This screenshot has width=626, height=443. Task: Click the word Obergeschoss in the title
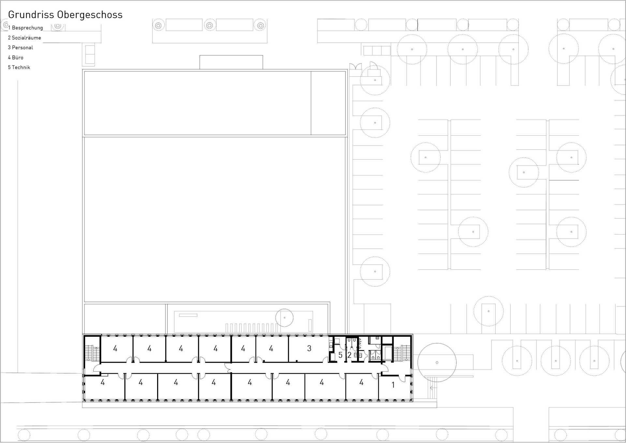[90, 15]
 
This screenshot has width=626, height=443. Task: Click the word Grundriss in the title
[31, 15]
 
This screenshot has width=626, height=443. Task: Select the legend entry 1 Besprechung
[25, 28]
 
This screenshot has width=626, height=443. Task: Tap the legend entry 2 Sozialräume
[24, 38]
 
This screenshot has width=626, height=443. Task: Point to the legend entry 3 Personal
[21, 48]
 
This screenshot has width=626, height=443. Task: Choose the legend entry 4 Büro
[16, 58]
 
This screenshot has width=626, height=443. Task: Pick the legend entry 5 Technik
[19, 68]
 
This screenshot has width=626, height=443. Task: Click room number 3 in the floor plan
[309, 348]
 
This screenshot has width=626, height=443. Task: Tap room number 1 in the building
[393, 385]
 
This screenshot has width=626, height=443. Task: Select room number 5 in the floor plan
[340, 355]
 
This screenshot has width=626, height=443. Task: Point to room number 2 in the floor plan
[349, 355]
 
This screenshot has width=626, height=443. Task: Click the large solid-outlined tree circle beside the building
[437, 344]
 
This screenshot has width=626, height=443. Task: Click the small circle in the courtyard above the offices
[284, 309]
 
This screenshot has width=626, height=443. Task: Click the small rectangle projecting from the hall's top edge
[231, 62]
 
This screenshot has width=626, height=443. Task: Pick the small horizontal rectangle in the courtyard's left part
[188, 315]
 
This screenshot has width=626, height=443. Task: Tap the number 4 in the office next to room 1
[361, 382]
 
